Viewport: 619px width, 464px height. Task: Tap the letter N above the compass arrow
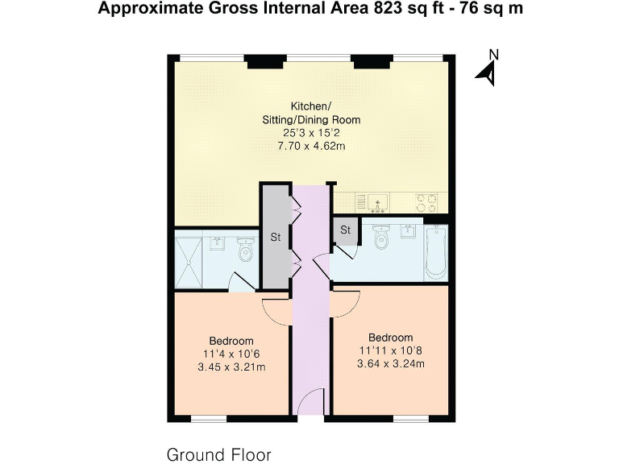(x=495, y=55)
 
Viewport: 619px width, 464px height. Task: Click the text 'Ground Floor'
(x=218, y=454)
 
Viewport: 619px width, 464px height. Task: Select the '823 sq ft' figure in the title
(x=393, y=9)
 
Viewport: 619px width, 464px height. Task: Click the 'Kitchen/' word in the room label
(x=310, y=106)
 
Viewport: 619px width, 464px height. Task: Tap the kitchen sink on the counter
(x=376, y=201)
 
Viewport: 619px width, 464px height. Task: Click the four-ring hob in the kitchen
(x=426, y=201)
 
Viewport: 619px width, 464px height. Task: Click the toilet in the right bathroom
(x=383, y=238)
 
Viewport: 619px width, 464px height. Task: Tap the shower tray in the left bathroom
(x=190, y=262)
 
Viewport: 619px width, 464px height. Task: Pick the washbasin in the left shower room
(x=217, y=242)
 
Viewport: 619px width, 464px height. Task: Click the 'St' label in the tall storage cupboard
(x=275, y=238)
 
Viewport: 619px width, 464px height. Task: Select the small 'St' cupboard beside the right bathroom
(x=346, y=230)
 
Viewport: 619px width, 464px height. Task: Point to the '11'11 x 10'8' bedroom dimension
(x=391, y=351)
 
